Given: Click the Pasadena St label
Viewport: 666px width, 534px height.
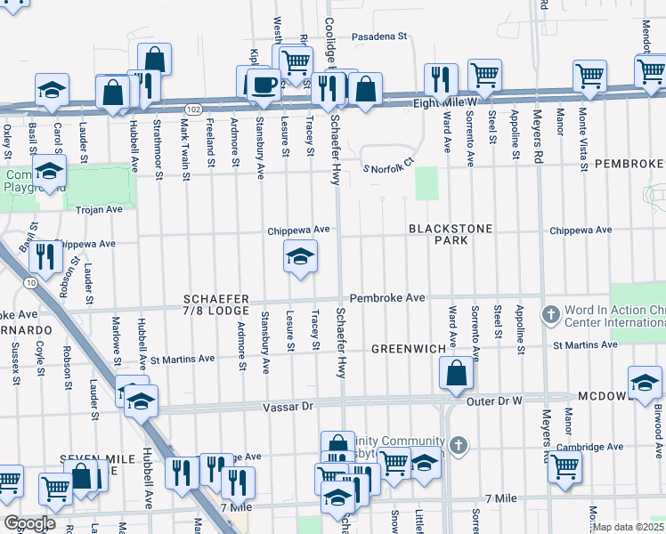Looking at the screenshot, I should point(378,36).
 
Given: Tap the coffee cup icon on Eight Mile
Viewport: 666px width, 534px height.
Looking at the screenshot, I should point(261,84).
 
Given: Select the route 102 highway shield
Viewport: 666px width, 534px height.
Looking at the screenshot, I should point(192,108).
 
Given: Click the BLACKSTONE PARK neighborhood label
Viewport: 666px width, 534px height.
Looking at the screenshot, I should point(451,234).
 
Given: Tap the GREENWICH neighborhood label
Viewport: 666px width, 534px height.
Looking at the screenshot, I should point(408,348).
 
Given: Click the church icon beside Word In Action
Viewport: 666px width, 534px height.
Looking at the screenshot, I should point(551,314).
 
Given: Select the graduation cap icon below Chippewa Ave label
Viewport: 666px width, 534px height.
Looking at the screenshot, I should point(301,258).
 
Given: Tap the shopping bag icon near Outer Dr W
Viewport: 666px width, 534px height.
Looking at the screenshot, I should point(456,375).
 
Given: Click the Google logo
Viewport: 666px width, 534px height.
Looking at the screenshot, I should point(29,523).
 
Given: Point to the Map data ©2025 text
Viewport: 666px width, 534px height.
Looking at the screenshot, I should point(629,527).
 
